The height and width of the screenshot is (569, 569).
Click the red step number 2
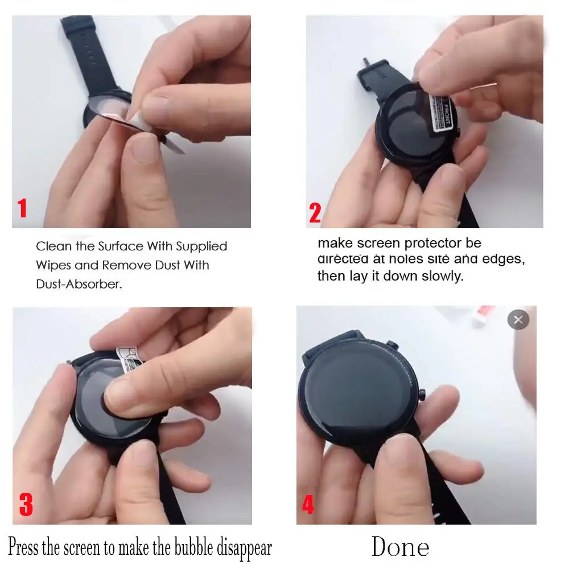click(x=315, y=212)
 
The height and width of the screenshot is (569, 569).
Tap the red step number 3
click(x=26, y=504)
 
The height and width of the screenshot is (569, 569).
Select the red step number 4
click(x=308, y=504)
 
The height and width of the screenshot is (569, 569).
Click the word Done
click(x=400, y=547)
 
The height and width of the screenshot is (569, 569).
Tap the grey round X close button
click(x=518, y=320)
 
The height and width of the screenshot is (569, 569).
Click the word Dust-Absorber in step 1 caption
click(x=78, y=284)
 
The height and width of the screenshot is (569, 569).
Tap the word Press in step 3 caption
click(x=23, y=548)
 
